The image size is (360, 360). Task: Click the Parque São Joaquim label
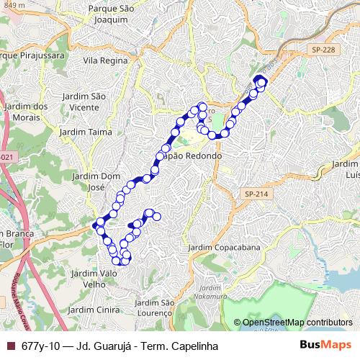[111, 14]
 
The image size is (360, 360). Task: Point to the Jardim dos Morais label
[26, 112]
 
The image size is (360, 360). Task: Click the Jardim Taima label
[81, 132]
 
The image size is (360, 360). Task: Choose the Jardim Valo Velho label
[99, 279]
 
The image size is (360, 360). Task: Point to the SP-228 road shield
[323, 49]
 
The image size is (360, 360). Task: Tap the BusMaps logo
[325, 346]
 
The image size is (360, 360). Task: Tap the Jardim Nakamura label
[213, 291]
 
